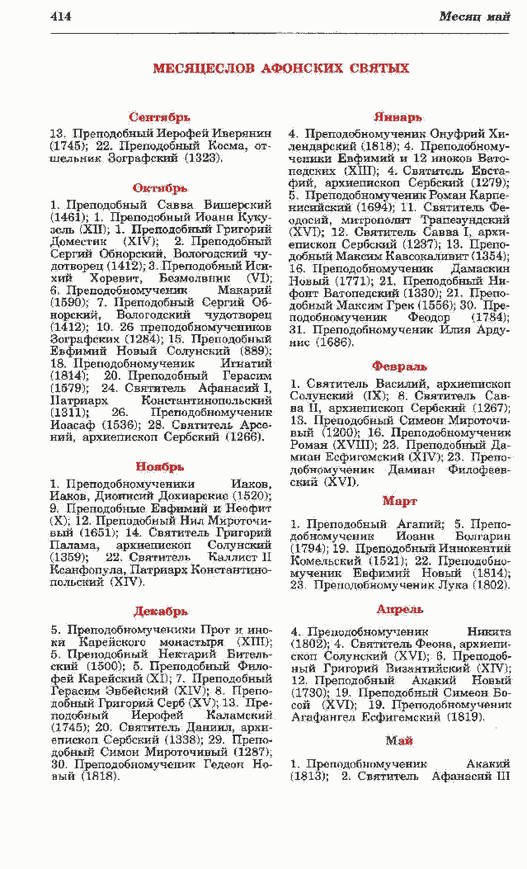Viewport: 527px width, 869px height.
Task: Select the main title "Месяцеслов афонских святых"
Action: point(280,68)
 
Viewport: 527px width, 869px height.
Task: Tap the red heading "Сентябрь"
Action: point(160,118)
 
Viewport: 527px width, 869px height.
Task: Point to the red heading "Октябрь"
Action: point(160,189)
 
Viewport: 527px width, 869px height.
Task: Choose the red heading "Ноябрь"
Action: point(160,467)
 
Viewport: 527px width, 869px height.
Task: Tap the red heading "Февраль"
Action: point(399,366)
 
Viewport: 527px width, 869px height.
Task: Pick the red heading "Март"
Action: point(400,501)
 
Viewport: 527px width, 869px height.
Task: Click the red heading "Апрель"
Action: point(400,609)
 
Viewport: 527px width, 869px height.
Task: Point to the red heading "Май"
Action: point(399,741)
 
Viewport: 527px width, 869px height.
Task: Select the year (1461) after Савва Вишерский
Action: point(68,217)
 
